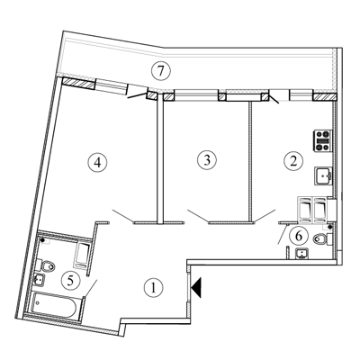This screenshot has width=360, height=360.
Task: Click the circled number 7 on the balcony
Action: [x=160, y=71]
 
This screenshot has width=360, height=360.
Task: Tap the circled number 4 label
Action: [x=97, y=163]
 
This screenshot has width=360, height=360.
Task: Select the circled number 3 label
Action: [x=207, y=159]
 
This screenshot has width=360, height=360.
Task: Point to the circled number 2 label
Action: [x=293, y=161]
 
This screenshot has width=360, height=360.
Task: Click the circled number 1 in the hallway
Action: [x=153, y=288]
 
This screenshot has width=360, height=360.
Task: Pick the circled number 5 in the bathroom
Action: [x=70, y=281]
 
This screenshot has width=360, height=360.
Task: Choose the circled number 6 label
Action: [x=299, y=236]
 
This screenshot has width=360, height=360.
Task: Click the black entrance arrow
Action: [x=196, y=287]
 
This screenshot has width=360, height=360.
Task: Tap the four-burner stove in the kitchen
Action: [x=323, y=140]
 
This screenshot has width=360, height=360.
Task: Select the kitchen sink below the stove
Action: [x=323, y=175]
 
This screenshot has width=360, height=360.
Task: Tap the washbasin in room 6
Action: [x=302, y=255]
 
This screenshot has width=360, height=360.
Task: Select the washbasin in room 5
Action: [x=40, y=280]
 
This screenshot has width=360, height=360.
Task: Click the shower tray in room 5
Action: [x=82, y=256]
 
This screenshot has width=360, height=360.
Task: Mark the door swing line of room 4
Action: [x=123, y=216]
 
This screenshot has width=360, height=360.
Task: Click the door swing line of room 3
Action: [x=198, y=216]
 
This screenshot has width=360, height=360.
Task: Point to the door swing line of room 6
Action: [x=283, y=234]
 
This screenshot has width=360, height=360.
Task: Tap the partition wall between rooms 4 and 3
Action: [x=160, y=162]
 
